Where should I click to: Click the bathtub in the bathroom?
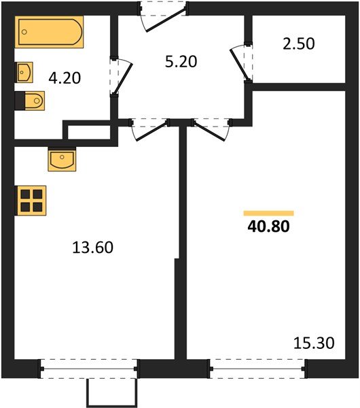tap(50, 32)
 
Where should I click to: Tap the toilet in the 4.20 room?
tap(31, 101)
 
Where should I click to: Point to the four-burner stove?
tap(30, 201)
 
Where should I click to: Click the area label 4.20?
tap(65, 78)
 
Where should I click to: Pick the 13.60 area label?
tap(92, 248)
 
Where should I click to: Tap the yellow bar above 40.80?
tap(268, 213)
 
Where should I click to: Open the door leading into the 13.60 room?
tap(149, 129)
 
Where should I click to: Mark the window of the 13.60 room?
tap(89, 369)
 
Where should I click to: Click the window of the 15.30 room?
tap(258, 369)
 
